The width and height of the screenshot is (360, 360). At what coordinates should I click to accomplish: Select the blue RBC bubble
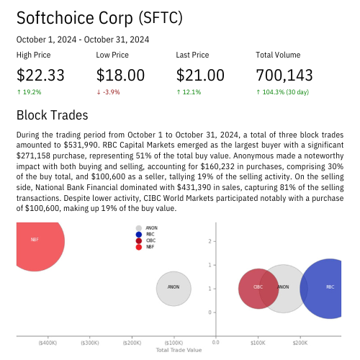329,288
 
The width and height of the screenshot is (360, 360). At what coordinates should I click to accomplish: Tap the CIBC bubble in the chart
258,288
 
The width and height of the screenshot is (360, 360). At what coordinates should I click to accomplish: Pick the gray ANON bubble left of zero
174,288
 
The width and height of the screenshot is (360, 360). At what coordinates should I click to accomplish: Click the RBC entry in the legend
150,234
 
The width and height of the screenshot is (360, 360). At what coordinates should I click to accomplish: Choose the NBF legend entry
150,247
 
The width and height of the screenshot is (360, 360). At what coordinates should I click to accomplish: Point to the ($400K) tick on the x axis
48,343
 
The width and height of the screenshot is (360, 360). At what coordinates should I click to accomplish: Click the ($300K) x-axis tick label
90,343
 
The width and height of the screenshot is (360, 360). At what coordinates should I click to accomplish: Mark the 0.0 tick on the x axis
216,343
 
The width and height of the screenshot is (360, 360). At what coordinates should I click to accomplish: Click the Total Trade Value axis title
179,350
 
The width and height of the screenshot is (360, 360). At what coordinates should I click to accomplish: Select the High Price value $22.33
40,75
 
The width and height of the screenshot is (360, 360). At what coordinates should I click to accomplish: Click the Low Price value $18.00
120,75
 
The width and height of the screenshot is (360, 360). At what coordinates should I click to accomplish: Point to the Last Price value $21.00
200,75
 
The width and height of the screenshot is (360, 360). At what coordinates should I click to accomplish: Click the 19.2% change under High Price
31,92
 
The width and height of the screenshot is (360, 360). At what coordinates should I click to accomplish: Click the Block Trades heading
52,115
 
